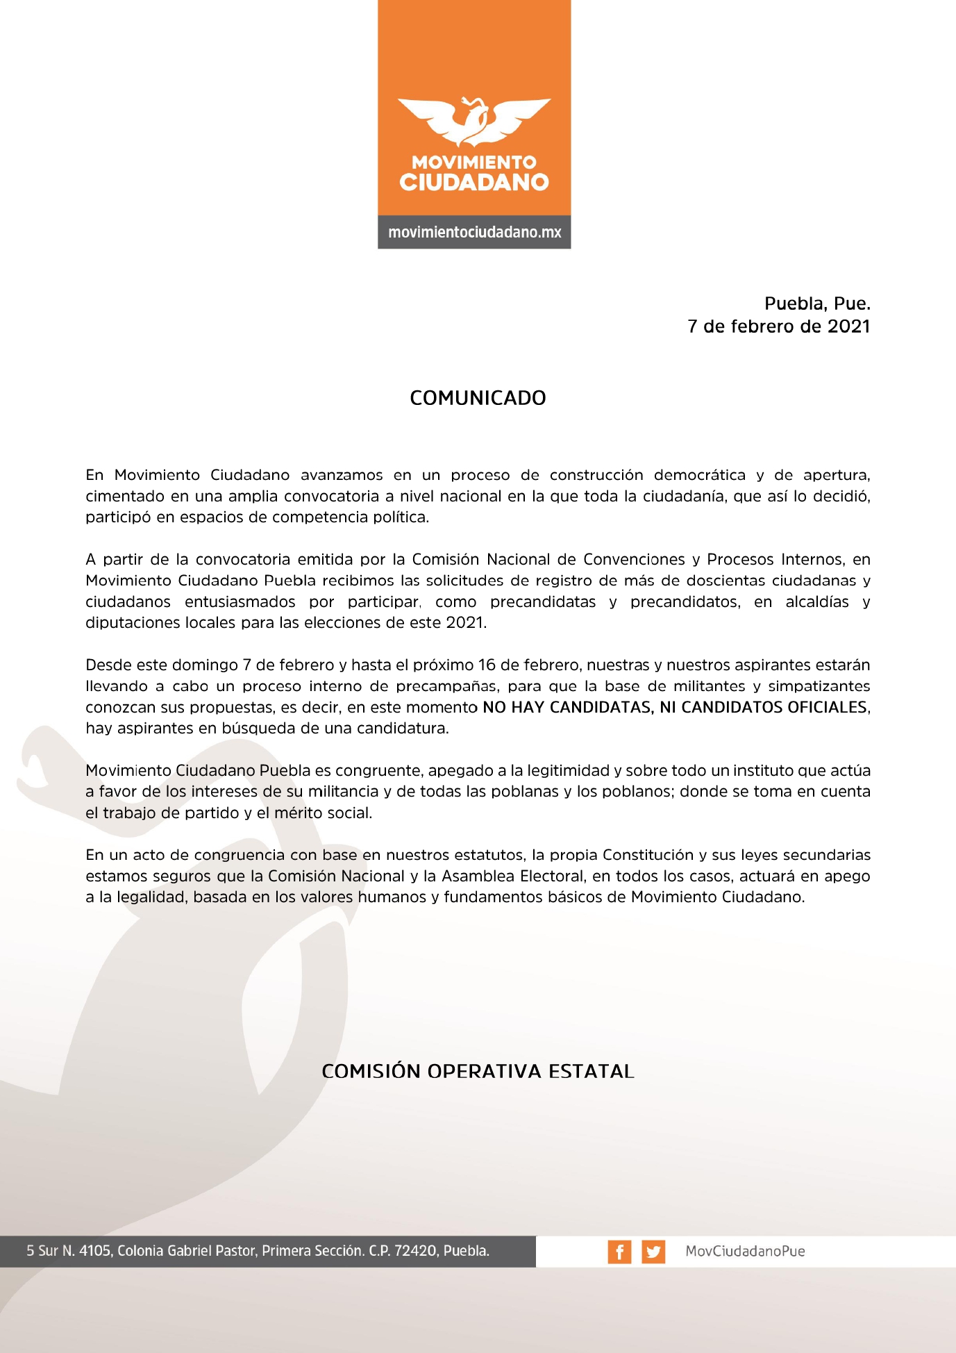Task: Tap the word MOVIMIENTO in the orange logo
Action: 474,163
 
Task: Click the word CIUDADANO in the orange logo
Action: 474,183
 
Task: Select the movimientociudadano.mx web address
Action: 474,232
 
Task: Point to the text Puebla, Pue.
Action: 817,304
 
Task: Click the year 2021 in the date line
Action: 848,326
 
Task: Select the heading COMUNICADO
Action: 478,398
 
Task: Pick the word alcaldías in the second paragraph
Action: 817,602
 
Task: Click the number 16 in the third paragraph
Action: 487,665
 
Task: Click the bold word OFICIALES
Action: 828,707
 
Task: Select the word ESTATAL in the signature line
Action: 591,1071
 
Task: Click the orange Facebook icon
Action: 619,1252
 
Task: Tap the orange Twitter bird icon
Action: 653,1252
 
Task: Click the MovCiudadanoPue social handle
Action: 745,1252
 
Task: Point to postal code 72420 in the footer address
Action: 415,1252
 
